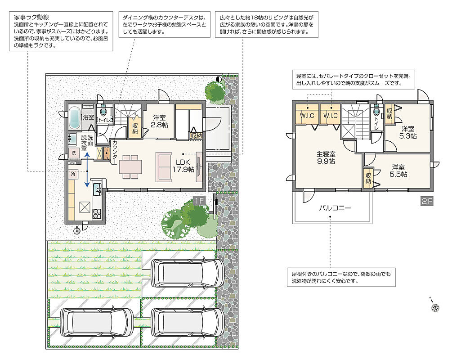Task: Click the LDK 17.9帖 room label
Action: [183, 166]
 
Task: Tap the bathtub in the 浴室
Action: [74, 118]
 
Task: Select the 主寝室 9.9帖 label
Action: [326, 158]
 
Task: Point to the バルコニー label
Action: [335, 208]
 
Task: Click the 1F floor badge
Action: [199, 201]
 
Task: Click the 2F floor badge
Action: [427, 201]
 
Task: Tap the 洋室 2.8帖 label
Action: [159, 121]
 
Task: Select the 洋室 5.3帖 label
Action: [408, 132]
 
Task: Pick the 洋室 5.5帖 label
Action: [398, 171]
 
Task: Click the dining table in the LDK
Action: [130, 167]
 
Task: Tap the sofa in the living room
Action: [163, 167]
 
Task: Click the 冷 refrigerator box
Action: [73, 174]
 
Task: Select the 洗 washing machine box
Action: [74, 153]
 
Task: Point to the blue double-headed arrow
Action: [87, 170]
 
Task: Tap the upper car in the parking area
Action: [188, 273]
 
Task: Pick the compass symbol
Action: [435, 307]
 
